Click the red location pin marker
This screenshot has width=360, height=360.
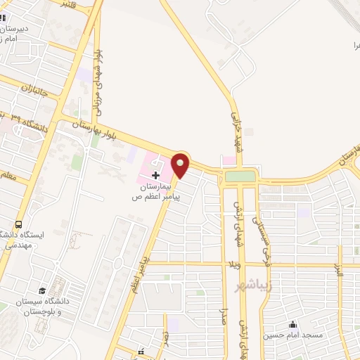click(181, 165)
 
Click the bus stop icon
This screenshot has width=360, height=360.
click(19, 223)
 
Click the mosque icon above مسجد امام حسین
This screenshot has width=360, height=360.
click(292, 324)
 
